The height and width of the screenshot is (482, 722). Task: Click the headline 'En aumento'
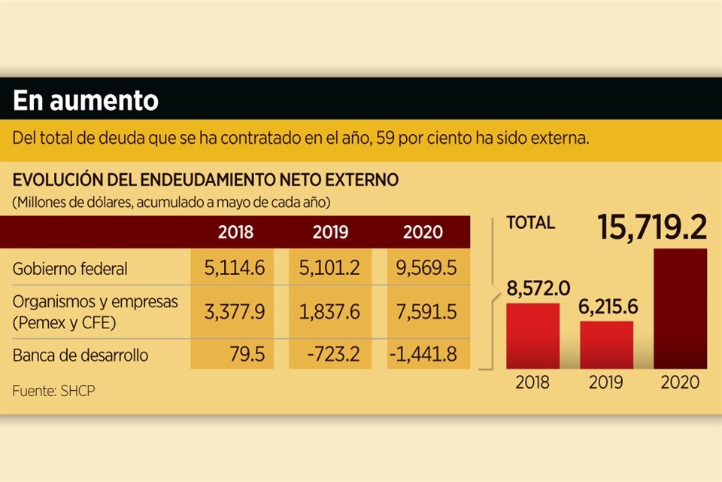point(86,101)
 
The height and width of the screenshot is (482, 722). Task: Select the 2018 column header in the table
point(235,233)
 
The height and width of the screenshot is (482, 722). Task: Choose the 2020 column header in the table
point(423,233)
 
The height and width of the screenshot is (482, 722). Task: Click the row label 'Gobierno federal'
point(71,268)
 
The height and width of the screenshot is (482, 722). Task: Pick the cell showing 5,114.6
point(235,268)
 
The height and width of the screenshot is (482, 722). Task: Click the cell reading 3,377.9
point(235,312)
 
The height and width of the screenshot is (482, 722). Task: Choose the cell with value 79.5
point(248,355)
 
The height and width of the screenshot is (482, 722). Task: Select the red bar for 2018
point(532,336)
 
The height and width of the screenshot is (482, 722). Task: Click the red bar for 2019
point(606,345)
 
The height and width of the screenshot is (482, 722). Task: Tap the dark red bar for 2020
point(679,309)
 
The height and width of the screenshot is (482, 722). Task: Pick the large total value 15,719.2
point(653,227)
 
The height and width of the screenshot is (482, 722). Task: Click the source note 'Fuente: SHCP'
point(53,392)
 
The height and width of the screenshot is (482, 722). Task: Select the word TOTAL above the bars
point(531,223)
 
